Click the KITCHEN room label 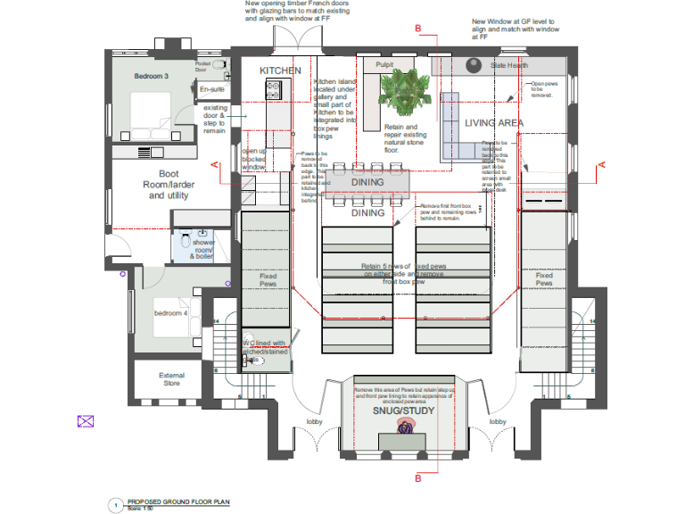[280, 70]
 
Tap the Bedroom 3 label [152, 77]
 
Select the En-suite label [211, 89]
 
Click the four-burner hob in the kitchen [273, 88]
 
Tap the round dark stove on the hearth [474, 64]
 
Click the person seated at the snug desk [406, 430]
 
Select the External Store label [171, 379]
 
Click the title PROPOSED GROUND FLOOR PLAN [177, 502]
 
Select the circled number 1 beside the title [114, 505]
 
